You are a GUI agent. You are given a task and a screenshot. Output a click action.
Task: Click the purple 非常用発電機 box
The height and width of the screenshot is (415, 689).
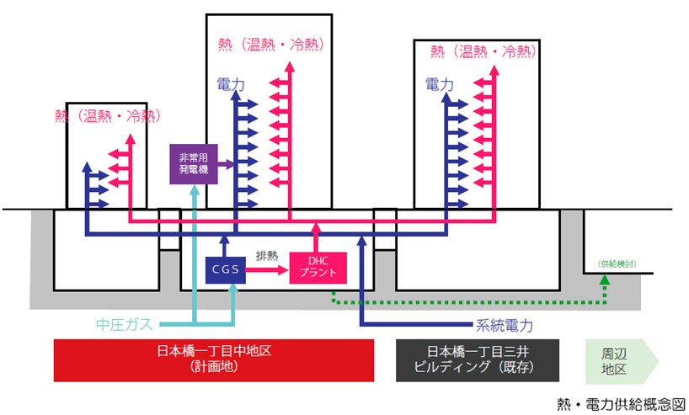[x=194, y=162]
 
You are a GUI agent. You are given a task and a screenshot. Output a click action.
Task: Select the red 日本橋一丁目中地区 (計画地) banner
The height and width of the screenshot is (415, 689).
[x=213, y=359]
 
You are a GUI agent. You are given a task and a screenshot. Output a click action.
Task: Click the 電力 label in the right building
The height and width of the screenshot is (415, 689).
[x=440, y=84]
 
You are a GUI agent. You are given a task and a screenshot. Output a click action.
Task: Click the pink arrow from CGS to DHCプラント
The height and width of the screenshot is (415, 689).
[x=269, y=270]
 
